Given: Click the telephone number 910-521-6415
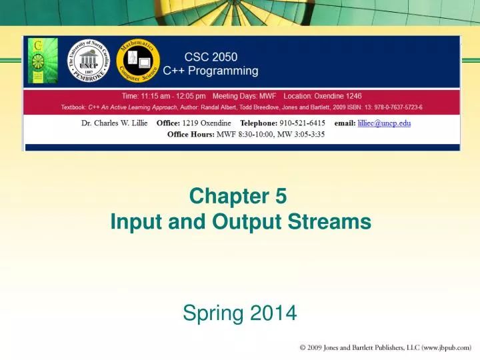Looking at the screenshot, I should (x=299, y=123).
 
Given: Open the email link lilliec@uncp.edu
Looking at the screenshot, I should (x=384, y=123).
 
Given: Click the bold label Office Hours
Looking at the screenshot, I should (x=191, y=134).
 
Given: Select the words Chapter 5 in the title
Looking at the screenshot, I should (x=238, y=195).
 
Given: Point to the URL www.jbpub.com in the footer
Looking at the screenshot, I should (x=447, y=347).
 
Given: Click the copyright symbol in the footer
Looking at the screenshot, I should (x=303, y=347).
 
